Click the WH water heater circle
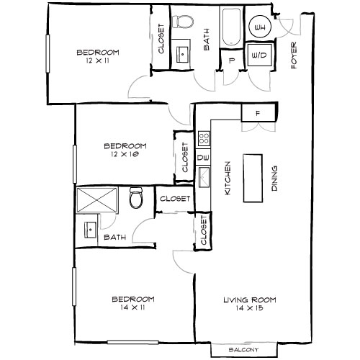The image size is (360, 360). (x=258, y=28)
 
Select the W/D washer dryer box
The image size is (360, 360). (x=258, y=54)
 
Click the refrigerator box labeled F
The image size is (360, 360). (x=256, y=112)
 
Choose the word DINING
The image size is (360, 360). (x=274, y=179)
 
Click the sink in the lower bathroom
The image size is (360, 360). (x=91, y=230)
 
